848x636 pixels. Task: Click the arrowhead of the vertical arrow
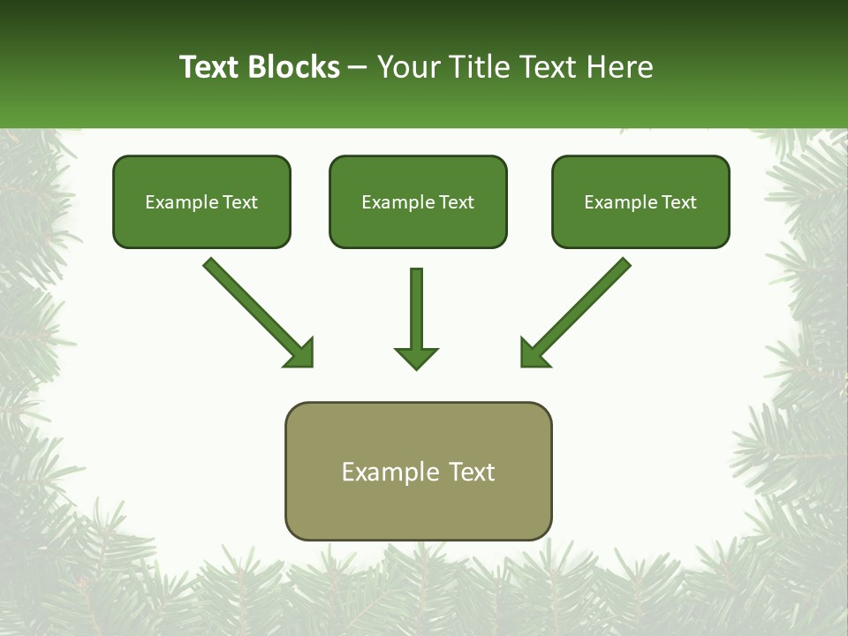point(416,358)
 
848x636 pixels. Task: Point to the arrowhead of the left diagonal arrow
point(300,353)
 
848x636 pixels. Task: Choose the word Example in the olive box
point(390,472)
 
